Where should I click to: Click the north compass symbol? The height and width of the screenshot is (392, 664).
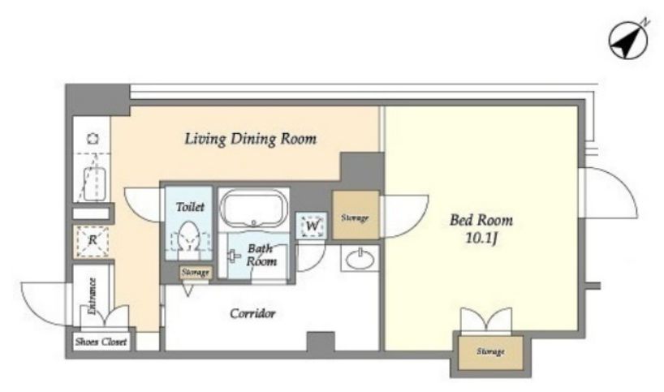point(628,40)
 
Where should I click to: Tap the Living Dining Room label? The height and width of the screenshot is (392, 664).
point(250,139)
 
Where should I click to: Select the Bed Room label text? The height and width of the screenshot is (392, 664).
point(481,220)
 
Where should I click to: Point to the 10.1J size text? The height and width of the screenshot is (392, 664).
point(481,239)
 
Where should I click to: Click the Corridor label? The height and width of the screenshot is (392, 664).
point(252,313)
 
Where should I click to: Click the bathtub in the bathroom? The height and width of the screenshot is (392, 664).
point(253,209)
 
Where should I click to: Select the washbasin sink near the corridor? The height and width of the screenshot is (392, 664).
point(360,258)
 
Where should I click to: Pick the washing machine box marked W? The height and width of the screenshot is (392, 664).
point(311,225)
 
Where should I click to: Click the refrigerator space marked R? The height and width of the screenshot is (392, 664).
point(92,241)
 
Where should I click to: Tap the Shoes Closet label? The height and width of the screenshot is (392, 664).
point(101,342)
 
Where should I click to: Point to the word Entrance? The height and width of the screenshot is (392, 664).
point(93,296)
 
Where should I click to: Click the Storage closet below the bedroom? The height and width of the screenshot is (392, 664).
point(490,352)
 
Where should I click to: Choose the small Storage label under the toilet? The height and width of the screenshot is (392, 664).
point(195,273)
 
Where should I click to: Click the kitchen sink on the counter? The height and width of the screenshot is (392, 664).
point(94,183)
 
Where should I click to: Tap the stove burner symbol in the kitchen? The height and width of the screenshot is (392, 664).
point(93,139)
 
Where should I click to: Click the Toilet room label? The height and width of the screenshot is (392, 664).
point(190,207)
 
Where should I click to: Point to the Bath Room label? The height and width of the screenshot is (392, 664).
point(261,255)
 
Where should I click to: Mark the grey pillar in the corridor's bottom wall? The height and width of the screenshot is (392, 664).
point(321,341)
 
